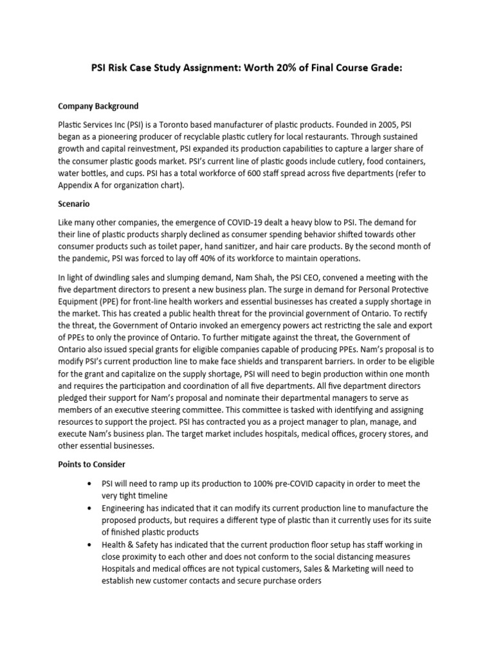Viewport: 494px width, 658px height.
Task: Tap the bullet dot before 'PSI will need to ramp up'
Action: (x=87, y=483)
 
